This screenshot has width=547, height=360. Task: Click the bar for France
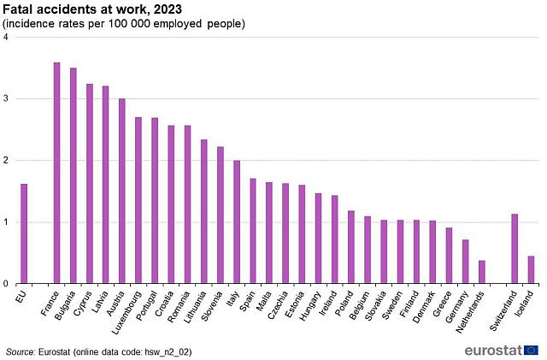coord(56,173)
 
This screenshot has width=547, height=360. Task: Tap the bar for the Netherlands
coord(481,272)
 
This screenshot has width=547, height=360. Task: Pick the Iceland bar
coord(531,269)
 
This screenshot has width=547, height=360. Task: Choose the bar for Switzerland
coord(515,249)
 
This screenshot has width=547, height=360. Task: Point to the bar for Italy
coord(236,222)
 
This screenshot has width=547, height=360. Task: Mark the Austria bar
coord(122,192)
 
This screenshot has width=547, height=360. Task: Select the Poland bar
coord(351,247)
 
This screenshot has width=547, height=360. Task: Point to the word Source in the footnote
coord(21,351)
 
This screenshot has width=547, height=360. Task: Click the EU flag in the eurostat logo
coord(531,350)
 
